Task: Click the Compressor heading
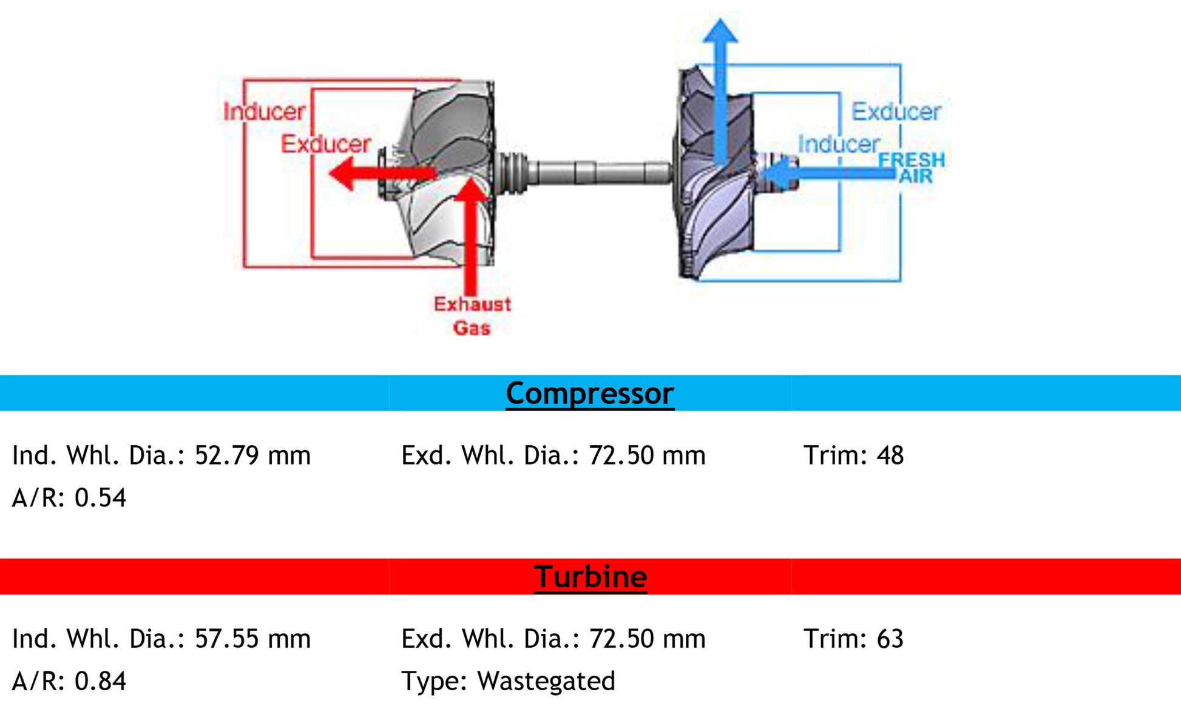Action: (x=589, y=394)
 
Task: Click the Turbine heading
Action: (x=590, y=577)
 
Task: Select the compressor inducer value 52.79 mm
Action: (x=252, y=456)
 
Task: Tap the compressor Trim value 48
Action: (x=890, y=456)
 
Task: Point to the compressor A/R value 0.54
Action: (x=100, y=498)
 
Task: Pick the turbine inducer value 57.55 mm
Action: (x=252, y=639)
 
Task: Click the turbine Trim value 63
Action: (x=890, y=639)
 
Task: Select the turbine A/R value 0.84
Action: (x=100, y=681)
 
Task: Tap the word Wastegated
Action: (x=546, y=681)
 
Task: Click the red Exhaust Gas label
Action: (x=472, y=316)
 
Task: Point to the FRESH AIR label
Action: (x=912, y=168)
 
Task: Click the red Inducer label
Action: (x=264, y=112)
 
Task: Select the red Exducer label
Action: (x=325, y=144)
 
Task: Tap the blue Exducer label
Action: (x=896, y=112)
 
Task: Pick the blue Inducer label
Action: (x=838, y=144)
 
